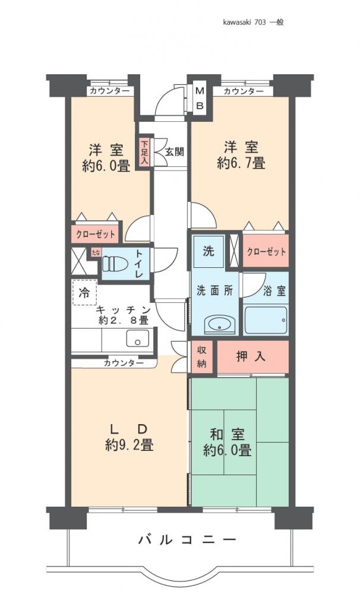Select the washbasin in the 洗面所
217,324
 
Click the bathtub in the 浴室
266,321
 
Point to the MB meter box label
200,99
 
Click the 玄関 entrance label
174,151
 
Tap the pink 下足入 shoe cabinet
144,152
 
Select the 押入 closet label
251,357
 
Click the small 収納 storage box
202,357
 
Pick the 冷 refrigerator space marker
85,292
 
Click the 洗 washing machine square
209,251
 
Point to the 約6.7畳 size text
241,163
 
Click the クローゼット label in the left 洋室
95,234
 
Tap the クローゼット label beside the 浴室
266,251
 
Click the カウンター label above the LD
123,362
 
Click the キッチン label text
123,309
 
